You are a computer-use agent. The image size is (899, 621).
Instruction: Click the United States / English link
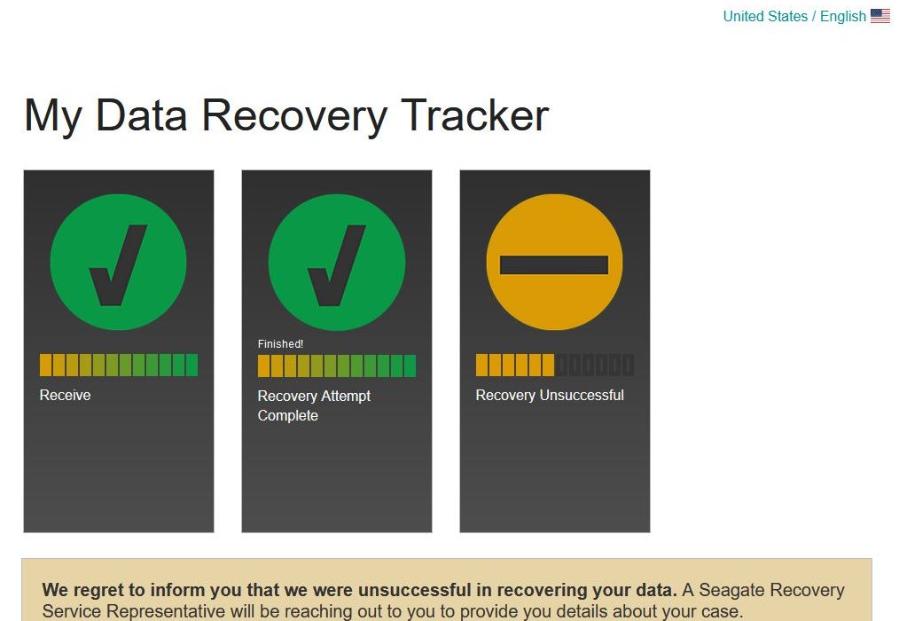(x=794, y=16)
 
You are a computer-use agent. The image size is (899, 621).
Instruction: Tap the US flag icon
(x=880, y=15)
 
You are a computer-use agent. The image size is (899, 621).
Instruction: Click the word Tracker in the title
(x=474, y=115)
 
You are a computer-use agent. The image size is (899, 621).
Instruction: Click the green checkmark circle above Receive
(x=118, y=262)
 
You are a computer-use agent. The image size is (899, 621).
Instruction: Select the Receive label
(x=65, y=395)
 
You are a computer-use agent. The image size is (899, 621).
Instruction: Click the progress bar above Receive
(x=119, y=365)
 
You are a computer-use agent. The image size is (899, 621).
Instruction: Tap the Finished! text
(x=280, y=344)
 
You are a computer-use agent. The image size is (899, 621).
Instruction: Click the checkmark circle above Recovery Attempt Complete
(x=337, y=262)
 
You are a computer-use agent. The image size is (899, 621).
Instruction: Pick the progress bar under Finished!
(x=337, y=366)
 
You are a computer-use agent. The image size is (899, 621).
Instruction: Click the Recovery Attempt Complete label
(x=314, y=405)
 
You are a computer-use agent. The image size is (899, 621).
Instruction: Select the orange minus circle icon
(x=554, y=262)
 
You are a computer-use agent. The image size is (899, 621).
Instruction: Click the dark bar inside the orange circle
(x=554, y=265)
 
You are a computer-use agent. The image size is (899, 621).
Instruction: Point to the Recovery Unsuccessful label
(x=550, y=395)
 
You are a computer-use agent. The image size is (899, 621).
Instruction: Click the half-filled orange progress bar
(x=555, y=365)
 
